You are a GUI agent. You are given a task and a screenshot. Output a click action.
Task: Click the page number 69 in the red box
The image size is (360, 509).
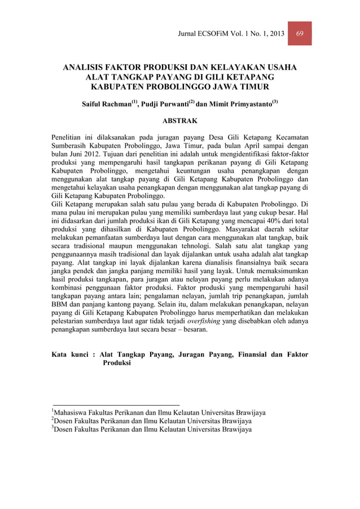click(300, 33)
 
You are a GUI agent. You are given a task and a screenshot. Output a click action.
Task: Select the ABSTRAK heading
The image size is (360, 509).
click(179, 121)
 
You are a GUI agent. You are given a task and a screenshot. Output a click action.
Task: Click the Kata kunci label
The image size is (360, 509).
click(70, 354)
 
